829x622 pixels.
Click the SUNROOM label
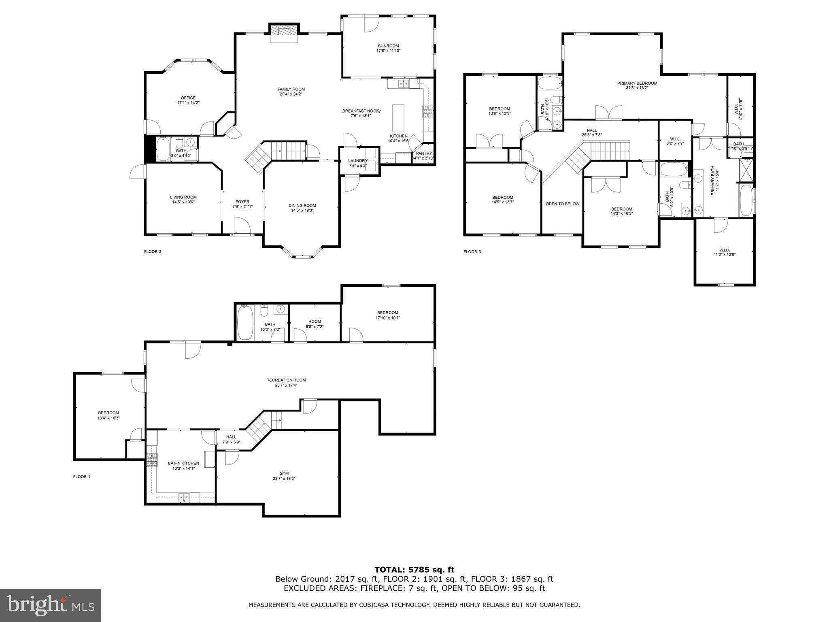point(388,46)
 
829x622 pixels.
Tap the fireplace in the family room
point(284,31)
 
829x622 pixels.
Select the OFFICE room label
point(188,98)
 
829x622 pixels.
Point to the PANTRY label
point(424,153)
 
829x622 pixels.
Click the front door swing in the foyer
point(241,225)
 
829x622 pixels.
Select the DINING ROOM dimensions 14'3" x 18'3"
point(302,211)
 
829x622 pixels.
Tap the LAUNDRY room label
point(357,161)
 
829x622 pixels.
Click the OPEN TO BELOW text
point(562,204)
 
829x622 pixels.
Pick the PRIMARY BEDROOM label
point(637,83)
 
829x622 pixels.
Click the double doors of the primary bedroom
point(608,113)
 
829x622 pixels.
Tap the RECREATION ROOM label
point(286,380)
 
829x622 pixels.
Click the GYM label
point(284,473)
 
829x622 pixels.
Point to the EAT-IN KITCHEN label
point(183,463)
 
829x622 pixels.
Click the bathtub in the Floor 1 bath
point(244,323)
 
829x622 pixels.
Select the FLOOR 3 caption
point(472,252)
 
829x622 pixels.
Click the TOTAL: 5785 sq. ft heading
point(414,570)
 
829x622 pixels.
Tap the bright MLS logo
point(51,605)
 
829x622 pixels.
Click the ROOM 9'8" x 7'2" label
point(315,321)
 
